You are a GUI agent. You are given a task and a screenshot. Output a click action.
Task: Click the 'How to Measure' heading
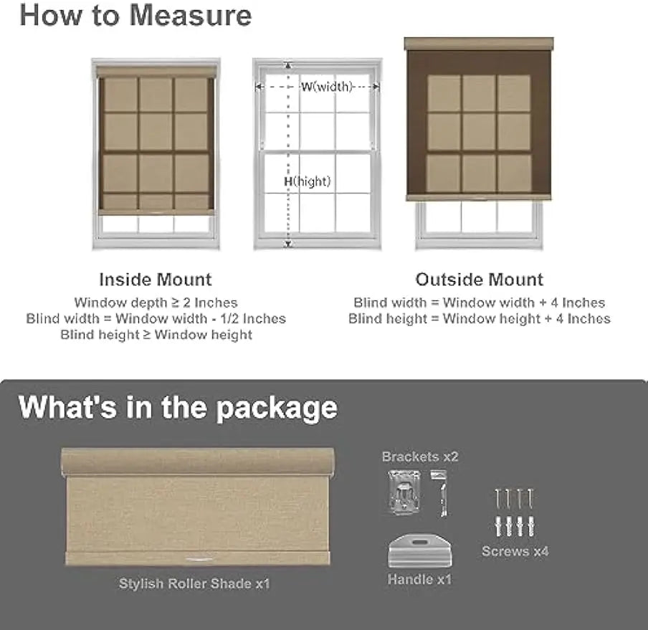pyautogui.click(x=135, y=16)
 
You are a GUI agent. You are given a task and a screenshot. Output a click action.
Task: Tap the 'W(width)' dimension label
pyautogui.click(x=326, y=87)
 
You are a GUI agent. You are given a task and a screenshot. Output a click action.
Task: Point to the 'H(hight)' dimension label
pyautogui.click(x=307, y=181)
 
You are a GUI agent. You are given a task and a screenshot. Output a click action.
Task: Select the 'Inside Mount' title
pyautogui.click(x=156, y=279)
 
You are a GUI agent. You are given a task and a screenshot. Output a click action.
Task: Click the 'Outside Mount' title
pyautogui.click(x=480, y=279)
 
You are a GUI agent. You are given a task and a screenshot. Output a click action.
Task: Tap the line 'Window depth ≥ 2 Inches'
pyautogui.click(x=156, y=302)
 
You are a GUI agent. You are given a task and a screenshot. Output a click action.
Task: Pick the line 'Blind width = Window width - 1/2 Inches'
pyautogui.click(x=156, y=318)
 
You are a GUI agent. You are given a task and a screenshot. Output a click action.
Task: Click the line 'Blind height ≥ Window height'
pyautogui.click(x=156, y=334)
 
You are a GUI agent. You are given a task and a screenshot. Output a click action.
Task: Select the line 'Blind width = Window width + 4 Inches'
pyautogui.click(x=480, y=302)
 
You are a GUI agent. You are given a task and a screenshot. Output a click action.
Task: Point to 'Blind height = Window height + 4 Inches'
pyautogui.click(x=480, y=318)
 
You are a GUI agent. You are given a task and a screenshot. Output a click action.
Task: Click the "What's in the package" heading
pyautogui.click(x=178, y=407)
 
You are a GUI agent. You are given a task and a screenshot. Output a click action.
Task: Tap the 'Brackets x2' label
pyautogui.click(x=420, y=457)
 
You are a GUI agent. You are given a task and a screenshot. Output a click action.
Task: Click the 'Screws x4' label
pyautogui.click(x=515, y=551)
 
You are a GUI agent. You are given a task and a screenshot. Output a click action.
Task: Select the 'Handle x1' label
pyautogui.click(x=419, y=579)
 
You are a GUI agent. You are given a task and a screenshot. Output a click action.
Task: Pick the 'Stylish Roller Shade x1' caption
pyautogui.click(x=194, y=583)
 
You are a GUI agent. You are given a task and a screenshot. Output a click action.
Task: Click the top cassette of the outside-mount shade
pyautogui.click(x=479, y=44)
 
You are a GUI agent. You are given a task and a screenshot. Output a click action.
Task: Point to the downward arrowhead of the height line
pyautogui.click(x=289, y=244)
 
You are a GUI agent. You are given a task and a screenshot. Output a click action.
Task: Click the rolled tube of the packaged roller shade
pyautogui.click(x=198, y=462)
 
